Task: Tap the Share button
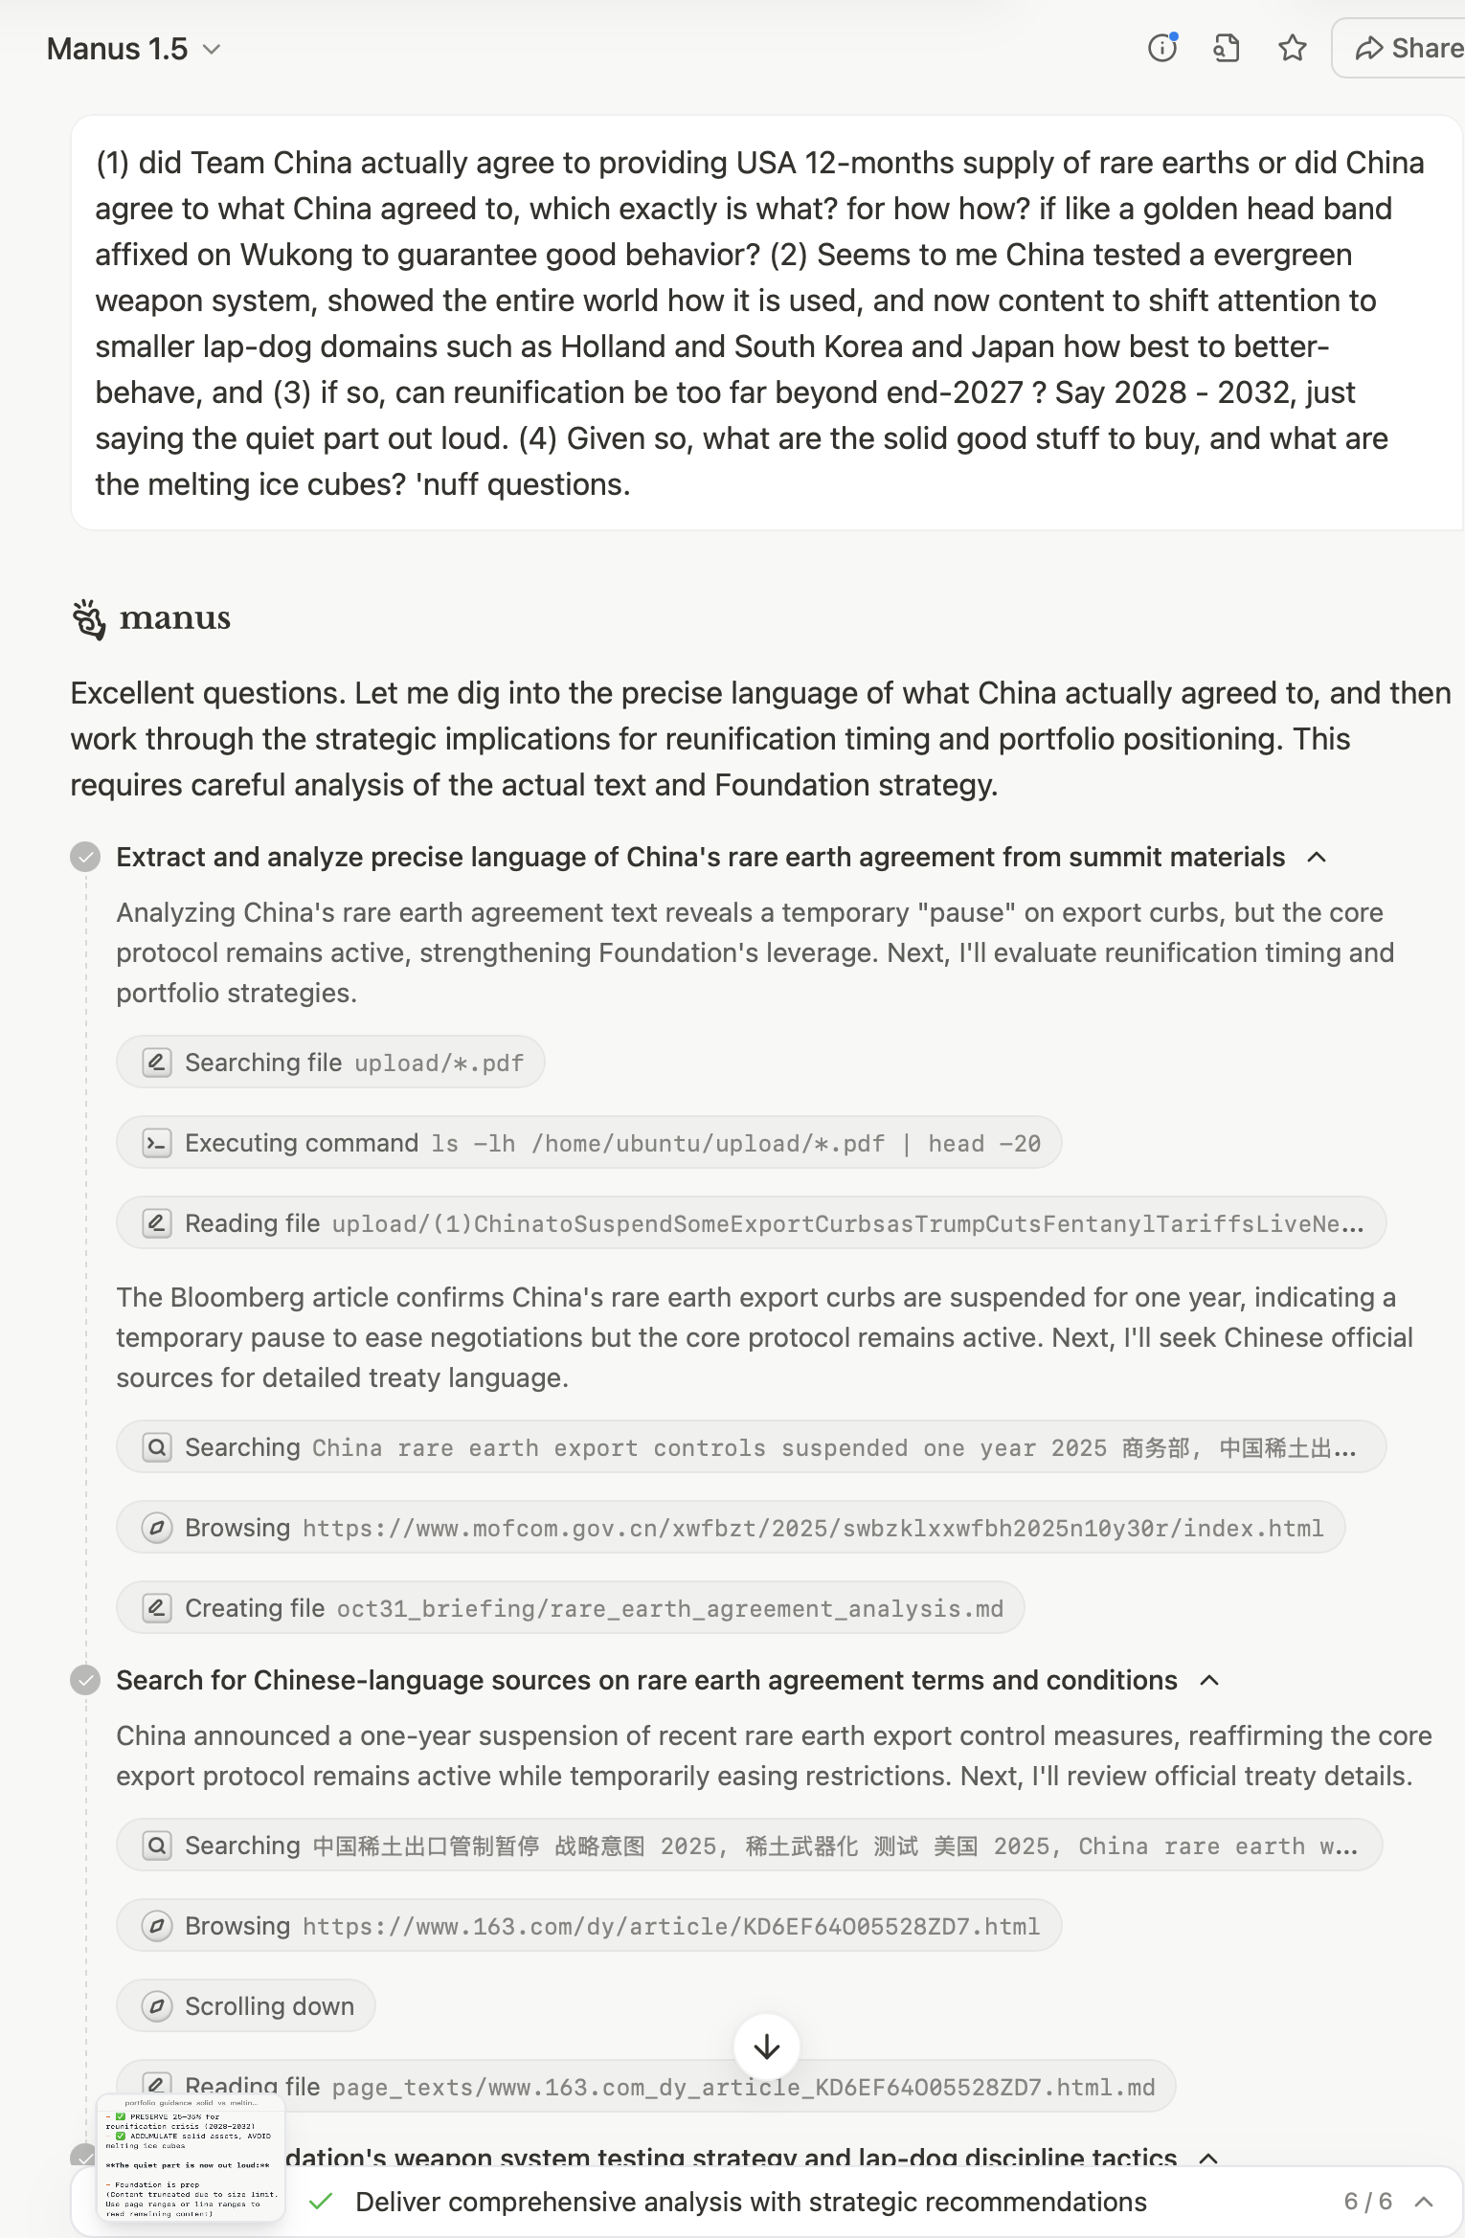(x=1408, y=48)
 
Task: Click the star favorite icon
(x=1292, y=48)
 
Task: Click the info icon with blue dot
(x=1162, y=47)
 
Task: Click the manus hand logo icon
(x=89, y=619)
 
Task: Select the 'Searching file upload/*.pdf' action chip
(x=330, y=1063)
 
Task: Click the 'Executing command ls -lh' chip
(x=588, y=1143)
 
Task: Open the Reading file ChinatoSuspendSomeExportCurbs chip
(x=751, y=1223)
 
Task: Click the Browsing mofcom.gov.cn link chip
(x=730, y=1528)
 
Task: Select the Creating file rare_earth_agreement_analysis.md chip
(x=570, y=1608)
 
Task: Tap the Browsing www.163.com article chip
(x=588, y=1926)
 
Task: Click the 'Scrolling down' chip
(x=246, y=2006)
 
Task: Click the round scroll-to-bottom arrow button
(x=766, y=2048)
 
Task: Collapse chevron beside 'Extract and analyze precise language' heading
(x=1317, y=857)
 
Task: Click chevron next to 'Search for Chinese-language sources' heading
(x=1209, y=1680)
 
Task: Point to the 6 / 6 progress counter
(x=1367, y=2202)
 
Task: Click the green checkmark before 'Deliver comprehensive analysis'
(x=322, y=2202)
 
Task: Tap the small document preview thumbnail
(x=191, y=2158)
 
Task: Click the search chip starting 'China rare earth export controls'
(x=751, y=1447)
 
